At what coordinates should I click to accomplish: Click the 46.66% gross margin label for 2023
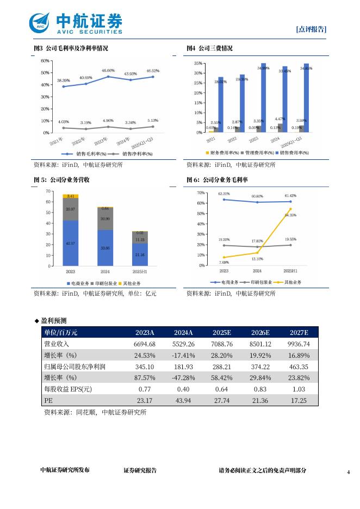click(x=108, y=71)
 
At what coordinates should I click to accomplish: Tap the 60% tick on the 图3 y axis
click(x=45, y=60)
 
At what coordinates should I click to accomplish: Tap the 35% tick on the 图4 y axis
click(x=198, y=64)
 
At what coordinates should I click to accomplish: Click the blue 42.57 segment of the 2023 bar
click(x=71, y=243)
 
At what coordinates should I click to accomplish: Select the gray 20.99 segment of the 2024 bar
click(x=105, y=219)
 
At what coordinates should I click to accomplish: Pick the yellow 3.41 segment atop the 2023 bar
click(x=71, y=196)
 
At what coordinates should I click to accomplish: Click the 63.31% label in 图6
click(x=224, y=194)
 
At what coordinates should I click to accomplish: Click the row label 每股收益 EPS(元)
click(x=68, y=389)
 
